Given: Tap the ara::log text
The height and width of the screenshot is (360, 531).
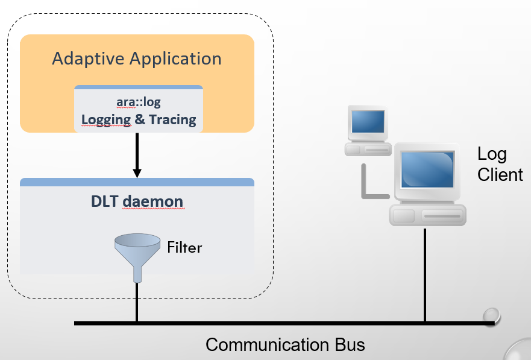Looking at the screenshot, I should click(139, 102).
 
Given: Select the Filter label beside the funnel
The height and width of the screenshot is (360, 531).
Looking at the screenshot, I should click(184, 247).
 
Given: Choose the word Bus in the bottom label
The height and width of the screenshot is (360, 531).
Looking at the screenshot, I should click(348, 345).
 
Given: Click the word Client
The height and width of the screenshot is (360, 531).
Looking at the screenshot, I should click(500, 175).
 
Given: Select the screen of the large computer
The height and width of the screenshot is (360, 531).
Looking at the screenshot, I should click(426, 169).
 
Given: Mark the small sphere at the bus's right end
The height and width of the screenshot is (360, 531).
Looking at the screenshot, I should click(492, 315).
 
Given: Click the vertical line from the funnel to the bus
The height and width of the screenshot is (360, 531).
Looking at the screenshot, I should click(137, 302).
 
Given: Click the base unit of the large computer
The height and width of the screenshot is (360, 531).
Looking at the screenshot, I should click(427, 215).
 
